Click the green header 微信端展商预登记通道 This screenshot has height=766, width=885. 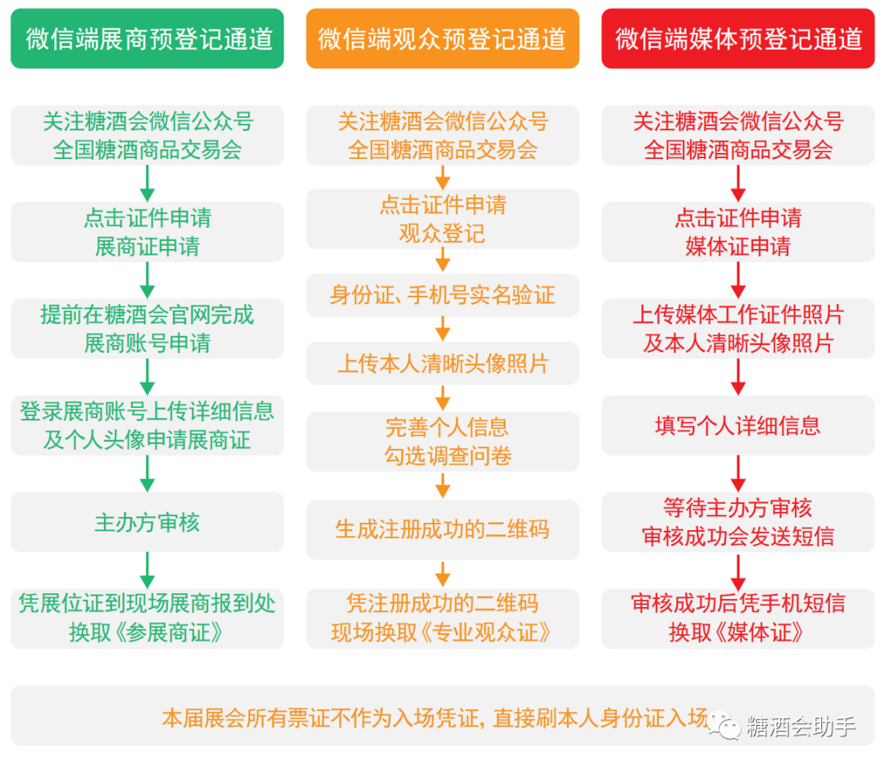click(147, 39)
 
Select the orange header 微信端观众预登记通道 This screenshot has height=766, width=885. click(442, 39)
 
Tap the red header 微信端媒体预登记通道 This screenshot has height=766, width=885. click(738, 39)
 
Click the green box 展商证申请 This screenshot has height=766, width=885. click(147, 232)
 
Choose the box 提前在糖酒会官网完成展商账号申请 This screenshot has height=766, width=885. click(147, 329)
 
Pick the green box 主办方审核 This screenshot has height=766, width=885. click(147, 523)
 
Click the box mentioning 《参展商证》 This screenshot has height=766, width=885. click(147, 619)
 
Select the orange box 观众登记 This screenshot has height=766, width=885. click(442, 220)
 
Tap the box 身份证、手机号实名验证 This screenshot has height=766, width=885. click(442, 295)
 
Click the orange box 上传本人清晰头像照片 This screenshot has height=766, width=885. click(442, 364)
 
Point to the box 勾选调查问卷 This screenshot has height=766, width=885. click(442, 442)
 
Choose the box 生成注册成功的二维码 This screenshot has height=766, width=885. click(442, 529)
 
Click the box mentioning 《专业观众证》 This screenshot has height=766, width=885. click(442, 619)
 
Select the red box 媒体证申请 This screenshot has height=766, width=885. click(738, 232)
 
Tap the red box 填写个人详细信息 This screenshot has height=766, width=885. click(738, 426)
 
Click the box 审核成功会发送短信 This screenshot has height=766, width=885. click(738, 523)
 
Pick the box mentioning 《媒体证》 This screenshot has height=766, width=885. click(738, 619)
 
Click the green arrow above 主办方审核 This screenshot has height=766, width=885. click(147, 473)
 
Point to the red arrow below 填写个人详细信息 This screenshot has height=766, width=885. click(738, 473)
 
